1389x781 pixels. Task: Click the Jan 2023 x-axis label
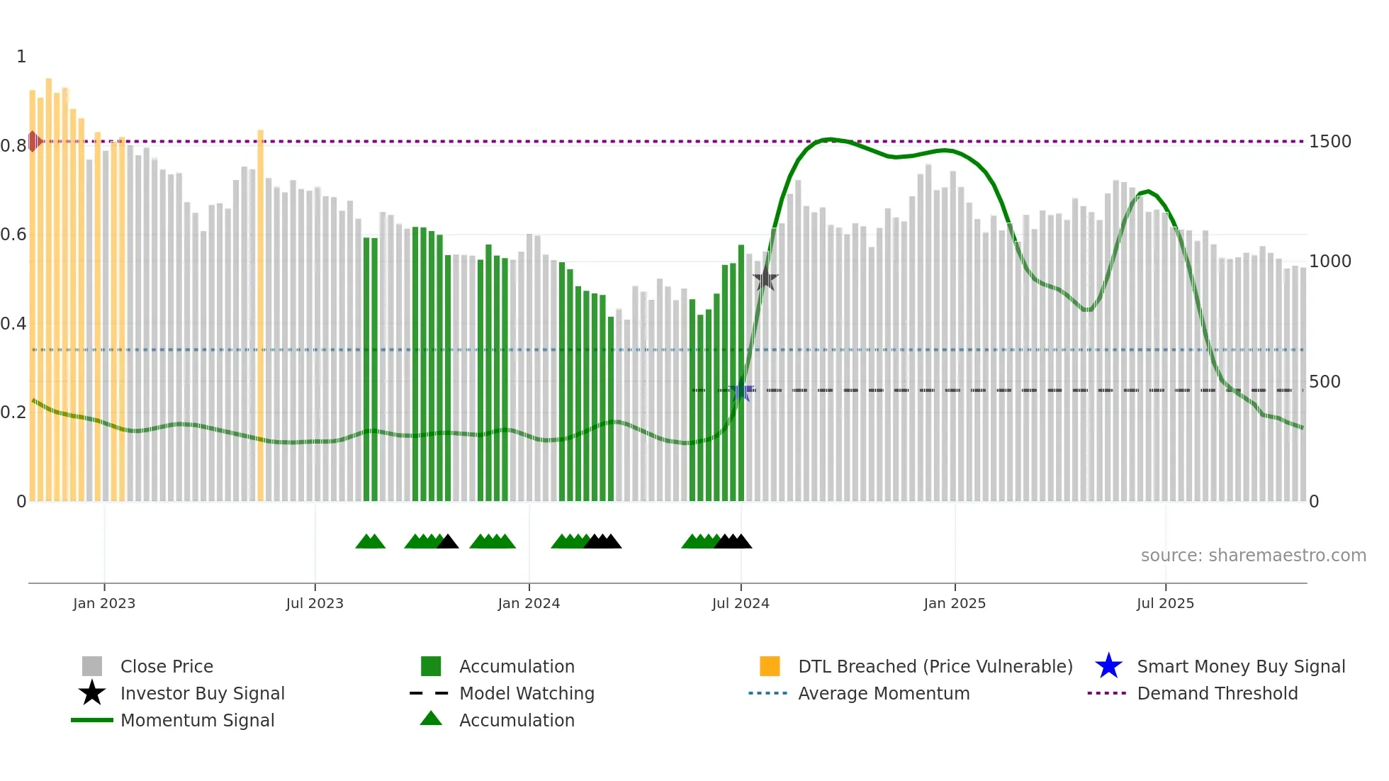pos(103,603)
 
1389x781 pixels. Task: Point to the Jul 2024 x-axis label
pos(741,603)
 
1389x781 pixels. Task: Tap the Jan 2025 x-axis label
pos(955,603)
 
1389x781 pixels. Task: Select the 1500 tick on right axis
pos(1330,142)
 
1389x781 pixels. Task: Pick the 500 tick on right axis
pos(1325,382)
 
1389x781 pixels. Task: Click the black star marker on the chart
pos(765,279)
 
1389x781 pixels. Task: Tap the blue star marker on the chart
pos(741,390)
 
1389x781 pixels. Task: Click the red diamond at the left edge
pos(33,142)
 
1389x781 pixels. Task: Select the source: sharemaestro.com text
pos(1253,556)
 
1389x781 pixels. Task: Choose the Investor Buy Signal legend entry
pos(202,694)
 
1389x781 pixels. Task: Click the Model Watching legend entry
pos(526,694)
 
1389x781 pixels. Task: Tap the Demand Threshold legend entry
pos(1217,694)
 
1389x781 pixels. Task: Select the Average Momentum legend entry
pos(883,694)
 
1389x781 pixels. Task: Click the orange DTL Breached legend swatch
pos(770,667)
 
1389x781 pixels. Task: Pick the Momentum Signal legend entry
pos(197,721)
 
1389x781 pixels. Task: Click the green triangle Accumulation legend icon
pos(431,719)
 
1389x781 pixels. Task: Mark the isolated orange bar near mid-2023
pos(260,315)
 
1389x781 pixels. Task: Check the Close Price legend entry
pos(166,667)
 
